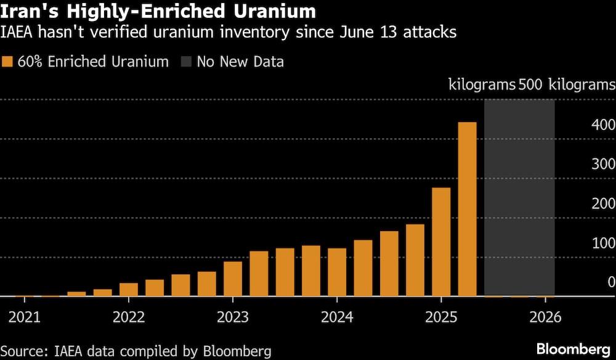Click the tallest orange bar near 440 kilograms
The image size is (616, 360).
click(x=468, y=209)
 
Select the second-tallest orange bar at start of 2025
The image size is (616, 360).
click(x=441, y=242)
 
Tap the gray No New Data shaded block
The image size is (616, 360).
click(x=519, y=197)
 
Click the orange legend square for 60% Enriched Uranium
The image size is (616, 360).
click(x=7, y=62)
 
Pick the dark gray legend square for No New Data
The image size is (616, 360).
click(x=186, y=62)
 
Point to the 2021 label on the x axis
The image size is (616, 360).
click(x=24, y=317)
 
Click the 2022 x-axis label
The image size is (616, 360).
click(x=128, y=317)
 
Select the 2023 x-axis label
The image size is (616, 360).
click(x=232, y=317)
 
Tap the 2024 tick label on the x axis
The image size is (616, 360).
click(x=336, y=317)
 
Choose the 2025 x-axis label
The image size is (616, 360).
click(x=440, y=317)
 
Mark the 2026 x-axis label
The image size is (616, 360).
click(x=545, y=317)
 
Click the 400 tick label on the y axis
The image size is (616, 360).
click(x=602, y=125)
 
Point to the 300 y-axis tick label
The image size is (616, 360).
click(x=602, y=165)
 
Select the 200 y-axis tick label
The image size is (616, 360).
click(x=602, y=204)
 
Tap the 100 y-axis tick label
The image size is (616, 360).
click(x=602, y=243)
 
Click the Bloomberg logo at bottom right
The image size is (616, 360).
click(x=575, y=350)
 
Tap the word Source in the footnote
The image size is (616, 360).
click(x=22, y=351)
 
